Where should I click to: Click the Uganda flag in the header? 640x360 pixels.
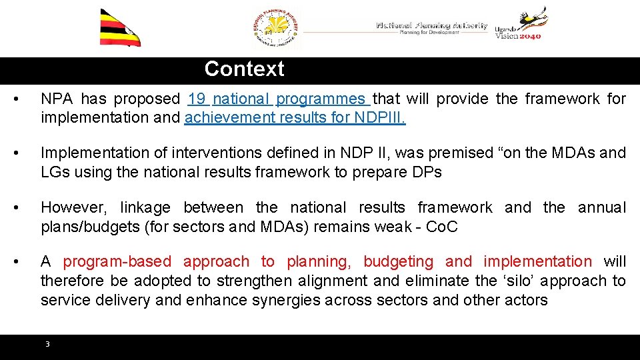(x=119, y=29)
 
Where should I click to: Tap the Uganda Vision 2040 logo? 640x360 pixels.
(x=521, y=25)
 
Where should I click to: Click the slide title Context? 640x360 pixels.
(x=244, y=69)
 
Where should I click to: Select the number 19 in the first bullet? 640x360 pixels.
(x=197, y=99)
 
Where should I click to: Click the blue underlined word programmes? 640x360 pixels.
(x=321, y=99)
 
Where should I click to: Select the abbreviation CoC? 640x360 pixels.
(x=441, y=227)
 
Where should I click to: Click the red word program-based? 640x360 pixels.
(x=117, y=261)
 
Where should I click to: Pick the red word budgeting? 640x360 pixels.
(x=398, y=261)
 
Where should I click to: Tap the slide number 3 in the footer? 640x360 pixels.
(x=47, y=344)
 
